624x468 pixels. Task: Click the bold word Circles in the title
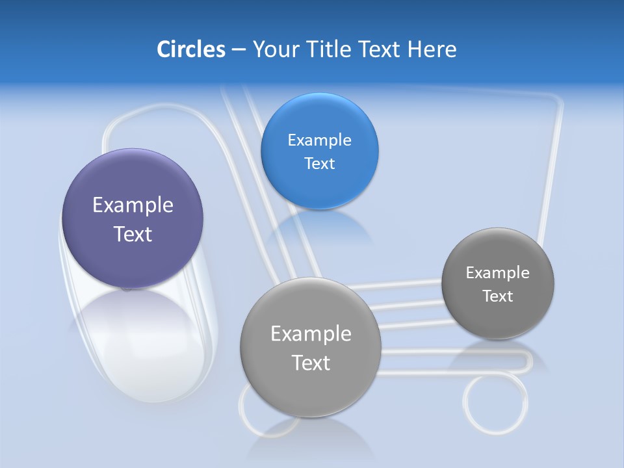tap(191, 49)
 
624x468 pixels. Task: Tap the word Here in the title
tap(432, 49)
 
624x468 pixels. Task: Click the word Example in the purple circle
tap(133, 205)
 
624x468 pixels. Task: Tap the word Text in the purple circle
tap(133, 234)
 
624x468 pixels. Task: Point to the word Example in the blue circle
tap(319, 140)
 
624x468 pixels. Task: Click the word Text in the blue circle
tap(319, 164)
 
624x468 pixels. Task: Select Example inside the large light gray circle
tap(311, 334)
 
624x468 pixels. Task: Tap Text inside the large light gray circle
tap(311, 363)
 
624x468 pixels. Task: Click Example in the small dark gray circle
tap(498, 273)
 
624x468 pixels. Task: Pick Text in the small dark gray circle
tap(498, 296)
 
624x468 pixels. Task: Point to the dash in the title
tap(239, 49)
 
